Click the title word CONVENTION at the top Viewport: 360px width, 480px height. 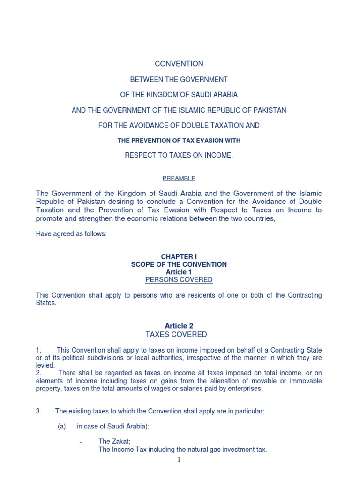[x=179, y=64]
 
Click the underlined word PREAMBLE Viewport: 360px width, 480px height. [x=179, y=178]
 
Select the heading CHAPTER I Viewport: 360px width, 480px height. [x=179, y=257]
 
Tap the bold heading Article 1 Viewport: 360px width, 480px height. [x=179, y=272]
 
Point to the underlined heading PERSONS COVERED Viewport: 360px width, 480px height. [x=179, y=280]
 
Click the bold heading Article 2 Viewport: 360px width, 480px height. [x=179, y=326]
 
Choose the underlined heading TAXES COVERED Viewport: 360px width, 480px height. [x=176, y=334]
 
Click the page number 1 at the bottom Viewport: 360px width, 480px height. [x=179, y=460]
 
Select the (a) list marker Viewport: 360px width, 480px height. [x=61, y=426]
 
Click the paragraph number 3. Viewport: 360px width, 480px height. [x=39, y=411]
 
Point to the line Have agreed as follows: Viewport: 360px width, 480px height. [x=71, y=234]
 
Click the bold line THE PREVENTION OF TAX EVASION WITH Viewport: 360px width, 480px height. [x=179, y=140]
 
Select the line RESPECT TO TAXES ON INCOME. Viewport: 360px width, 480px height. [x=179, y=155]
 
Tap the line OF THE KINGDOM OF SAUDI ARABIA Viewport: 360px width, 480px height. [x=179, y=95]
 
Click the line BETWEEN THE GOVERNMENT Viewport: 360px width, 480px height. [x=179, y=80]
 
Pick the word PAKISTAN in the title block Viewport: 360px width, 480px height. [x=270, y=110]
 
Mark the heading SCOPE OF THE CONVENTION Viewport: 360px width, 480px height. [x=179, y=264]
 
